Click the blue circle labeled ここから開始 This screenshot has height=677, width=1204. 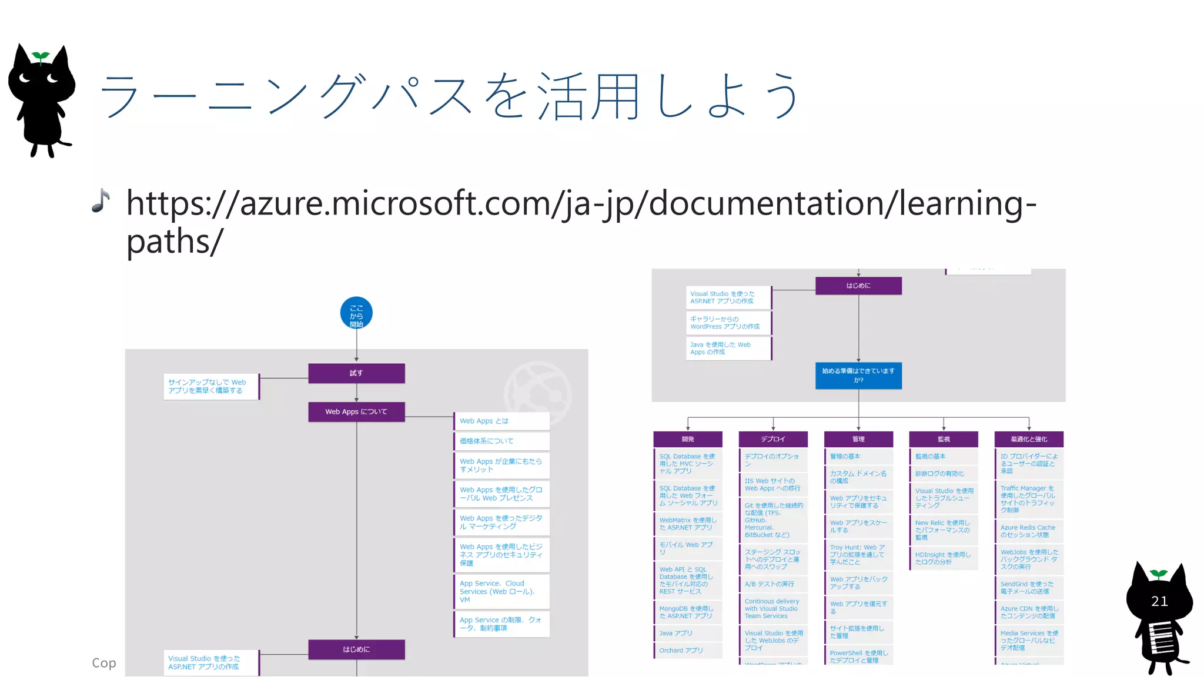[356, 313]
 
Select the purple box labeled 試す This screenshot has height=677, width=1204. [356, 373]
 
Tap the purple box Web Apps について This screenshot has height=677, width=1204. [356, 412]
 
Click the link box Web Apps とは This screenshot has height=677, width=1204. [501, 421]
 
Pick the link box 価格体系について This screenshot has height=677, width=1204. [501, 441]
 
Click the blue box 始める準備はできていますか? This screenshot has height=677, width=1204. [858, 376]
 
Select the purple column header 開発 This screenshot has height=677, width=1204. [688, 439]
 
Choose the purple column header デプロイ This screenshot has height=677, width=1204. [773, 439]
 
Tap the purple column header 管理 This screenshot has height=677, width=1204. [858, 439]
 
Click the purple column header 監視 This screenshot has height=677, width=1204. [944, 439]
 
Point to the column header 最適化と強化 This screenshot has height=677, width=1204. [1029, 439]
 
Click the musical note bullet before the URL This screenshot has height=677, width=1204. [101, 201]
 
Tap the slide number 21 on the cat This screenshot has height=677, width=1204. [1159, 601]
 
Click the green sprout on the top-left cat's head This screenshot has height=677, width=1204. [41, 56]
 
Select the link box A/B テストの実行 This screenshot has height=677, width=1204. [773, 584]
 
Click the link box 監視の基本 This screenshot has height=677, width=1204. [943, 457]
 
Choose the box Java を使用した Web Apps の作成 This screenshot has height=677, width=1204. [729, 348]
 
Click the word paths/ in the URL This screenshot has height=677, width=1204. [175, 241]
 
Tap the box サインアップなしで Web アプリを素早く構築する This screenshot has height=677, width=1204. [210, 386]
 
